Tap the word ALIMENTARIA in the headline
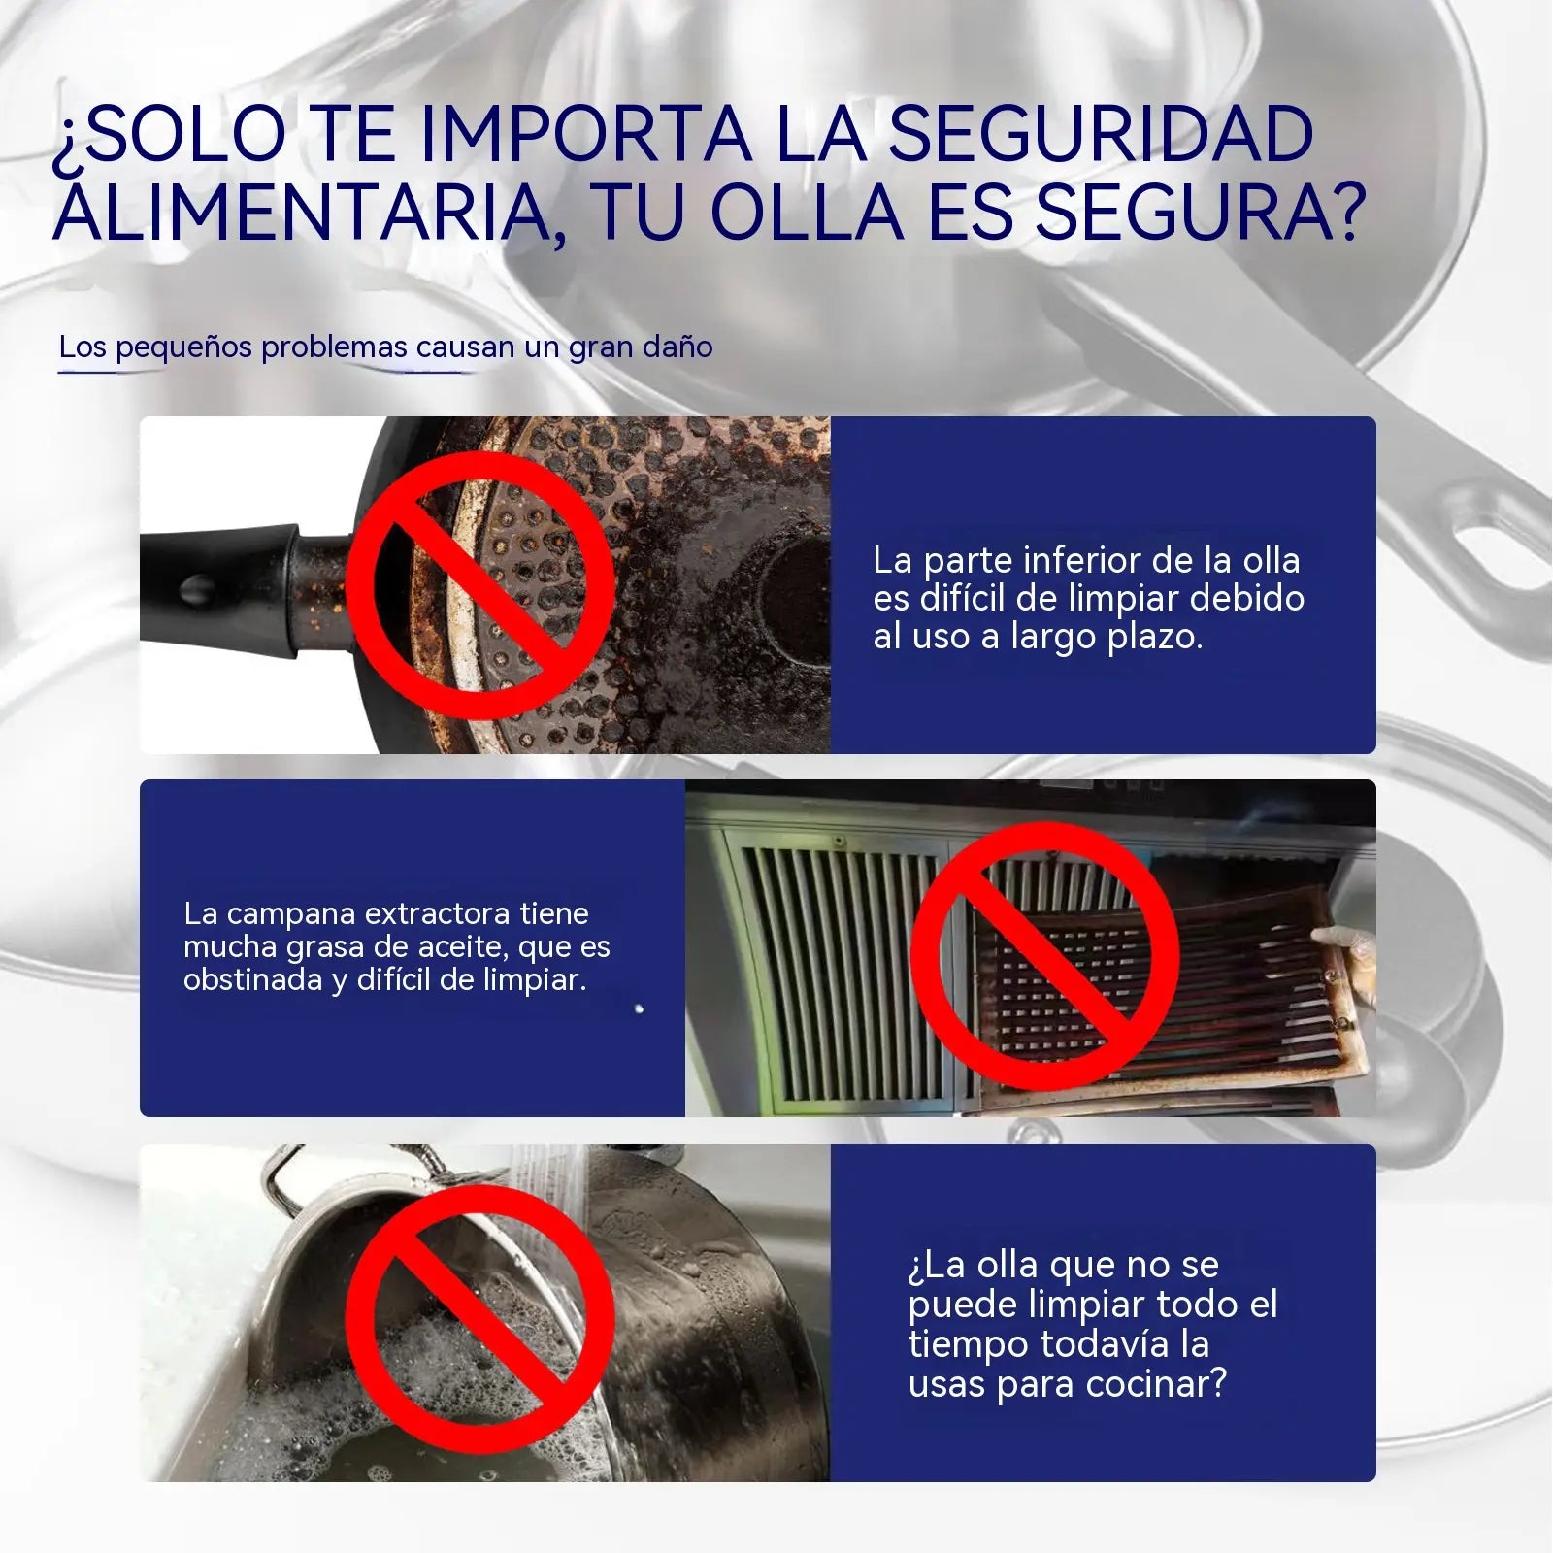click(303, 213)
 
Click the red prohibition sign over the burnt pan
click(479, 586)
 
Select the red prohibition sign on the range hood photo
click(1044, 956)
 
